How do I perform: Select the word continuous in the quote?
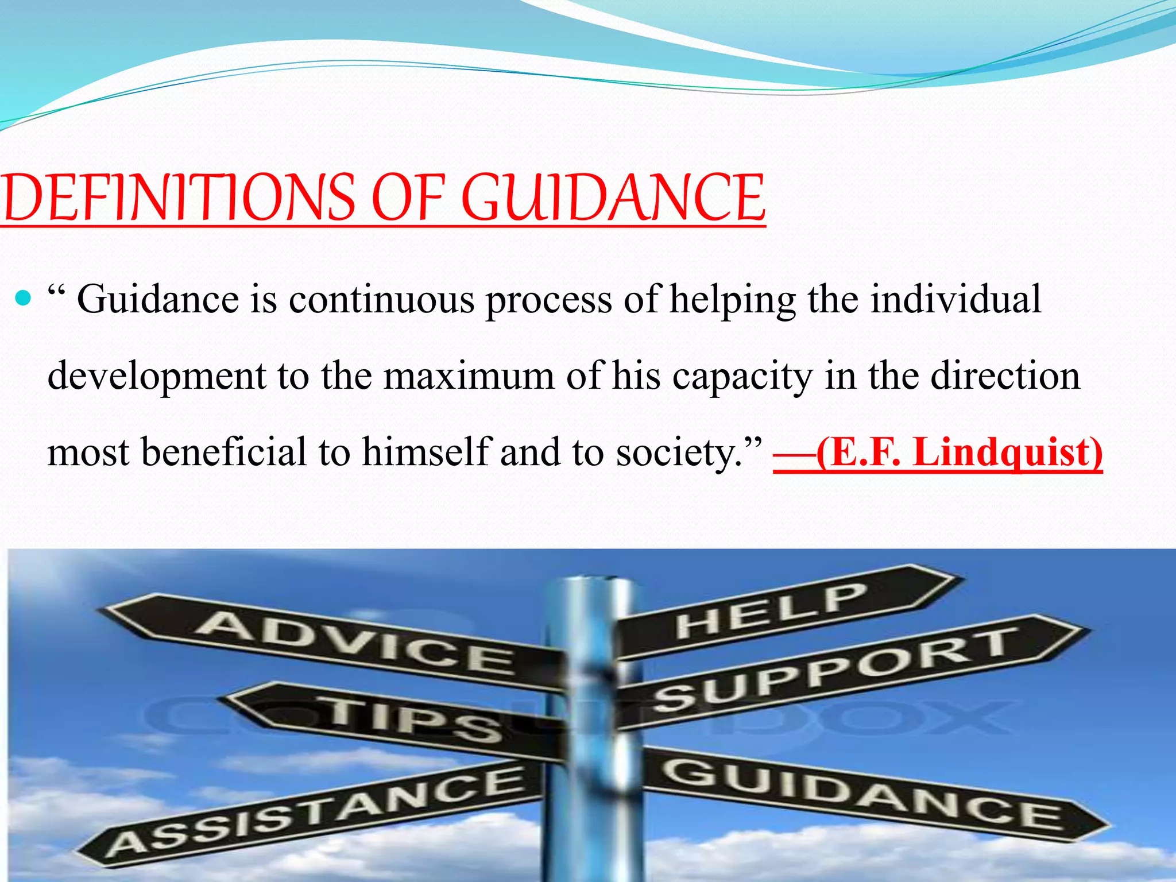(381, 300)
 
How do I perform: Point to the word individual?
(955, 300)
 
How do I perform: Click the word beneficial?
(224, 452)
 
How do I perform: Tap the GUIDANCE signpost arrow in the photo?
(861, 795)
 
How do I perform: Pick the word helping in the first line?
(733, 301)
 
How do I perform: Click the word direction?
(1005, 376)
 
